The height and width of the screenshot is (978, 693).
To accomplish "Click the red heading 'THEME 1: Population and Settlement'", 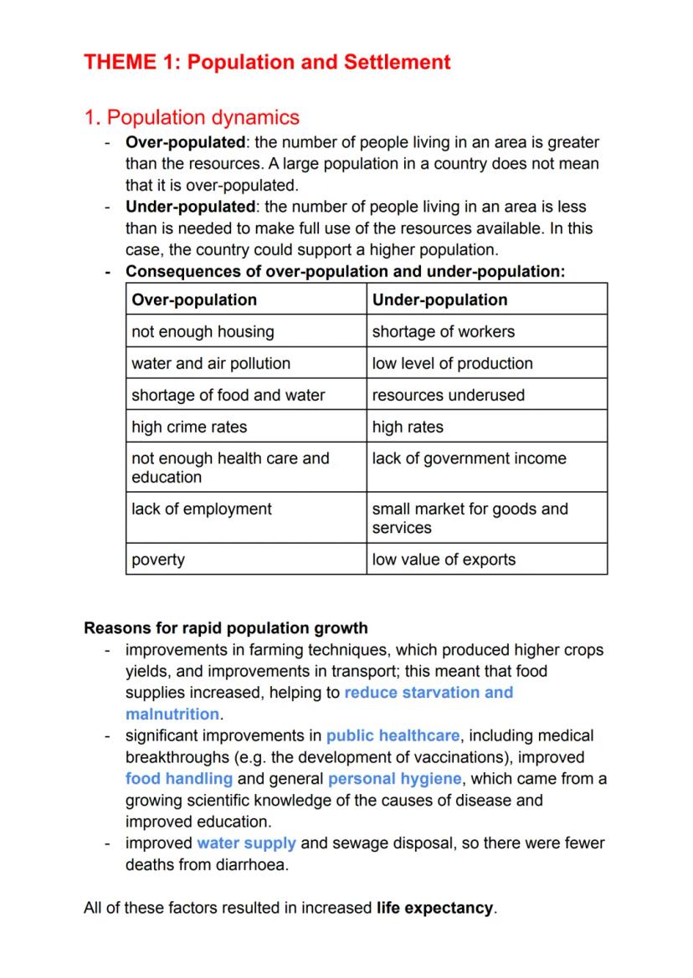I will click(267, 62).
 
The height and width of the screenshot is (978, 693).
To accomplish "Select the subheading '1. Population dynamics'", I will click(192, 117).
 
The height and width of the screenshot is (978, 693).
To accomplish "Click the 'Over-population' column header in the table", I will click(194, 300).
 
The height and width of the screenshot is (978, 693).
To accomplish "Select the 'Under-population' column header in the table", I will click(439, 300).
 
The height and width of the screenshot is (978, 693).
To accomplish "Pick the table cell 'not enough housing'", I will click(203, 331).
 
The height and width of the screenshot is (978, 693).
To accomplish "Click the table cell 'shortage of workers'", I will click(444, 331).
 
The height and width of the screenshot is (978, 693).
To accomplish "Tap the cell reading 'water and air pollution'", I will click(211, 363).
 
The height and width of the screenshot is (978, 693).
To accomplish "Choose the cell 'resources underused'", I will click(449, 395).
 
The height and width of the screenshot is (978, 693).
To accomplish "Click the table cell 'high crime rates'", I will click(189, 427).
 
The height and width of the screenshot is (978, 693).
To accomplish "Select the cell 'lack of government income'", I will click(470, 458).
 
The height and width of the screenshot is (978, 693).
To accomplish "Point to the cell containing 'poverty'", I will click(158, 560).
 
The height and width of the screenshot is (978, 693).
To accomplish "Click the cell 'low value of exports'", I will click(444, 560).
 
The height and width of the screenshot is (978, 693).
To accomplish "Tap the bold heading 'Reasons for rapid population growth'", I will click(226, 627).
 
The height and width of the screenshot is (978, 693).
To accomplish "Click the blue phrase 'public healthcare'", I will click(393, 736).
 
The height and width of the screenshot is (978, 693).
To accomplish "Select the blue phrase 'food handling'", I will click(179, 779).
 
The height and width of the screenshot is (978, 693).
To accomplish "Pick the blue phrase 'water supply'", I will click(246, 843).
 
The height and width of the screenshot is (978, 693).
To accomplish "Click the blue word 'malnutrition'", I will click(172, 714).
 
